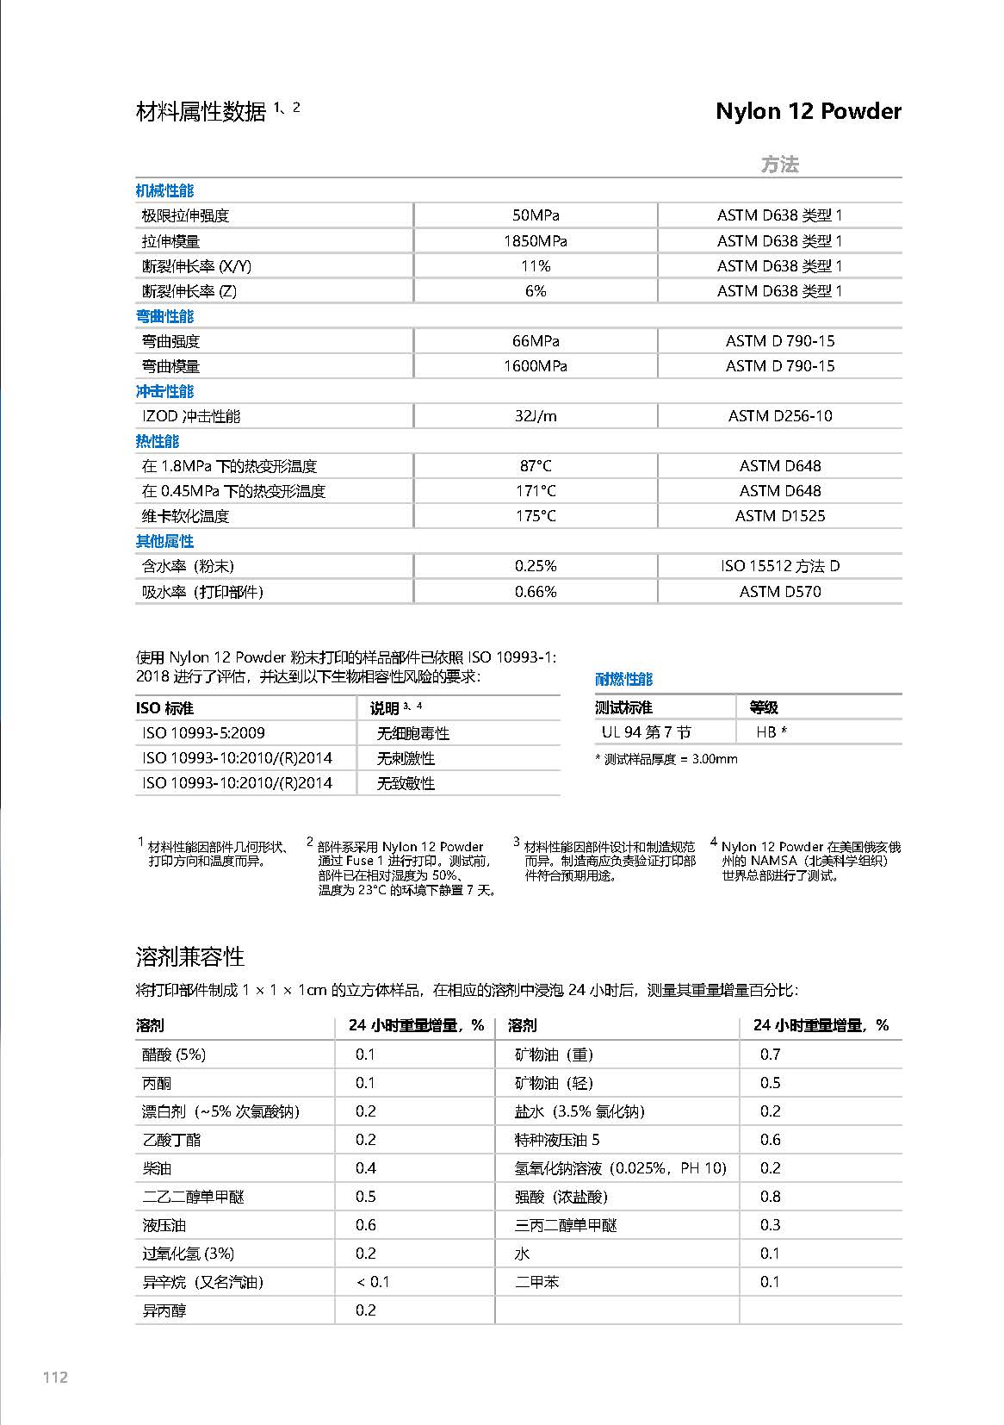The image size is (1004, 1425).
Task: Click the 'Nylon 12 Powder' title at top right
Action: coord(808,111)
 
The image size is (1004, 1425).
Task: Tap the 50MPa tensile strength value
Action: coord(535,215)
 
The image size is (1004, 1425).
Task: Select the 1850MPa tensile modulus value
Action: coord(535,241)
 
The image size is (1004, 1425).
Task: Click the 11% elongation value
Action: coord(535,266)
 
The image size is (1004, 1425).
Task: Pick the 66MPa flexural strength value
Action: coord(535,341)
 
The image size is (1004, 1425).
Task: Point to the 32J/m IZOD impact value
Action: coord(535,416)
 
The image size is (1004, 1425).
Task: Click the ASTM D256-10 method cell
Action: coord(779,416)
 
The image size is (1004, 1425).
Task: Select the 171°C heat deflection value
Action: coord(535,491)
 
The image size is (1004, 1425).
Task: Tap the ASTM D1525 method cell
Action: coord(779,516)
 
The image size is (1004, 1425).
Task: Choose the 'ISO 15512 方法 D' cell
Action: coord(779,566)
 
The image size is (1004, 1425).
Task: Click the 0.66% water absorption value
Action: coord(535,592)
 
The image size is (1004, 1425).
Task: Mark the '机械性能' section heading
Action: coord(164,190)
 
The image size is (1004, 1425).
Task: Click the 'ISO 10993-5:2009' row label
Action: coord(203,733)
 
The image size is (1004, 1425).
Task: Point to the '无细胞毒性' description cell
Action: coord(412,734)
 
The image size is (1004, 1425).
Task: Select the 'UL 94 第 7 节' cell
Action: coord(646,732)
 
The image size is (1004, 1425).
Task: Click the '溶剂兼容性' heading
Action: coord(189,957)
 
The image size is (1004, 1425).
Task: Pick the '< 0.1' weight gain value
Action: coord(372,1282)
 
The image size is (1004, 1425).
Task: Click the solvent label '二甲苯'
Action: coord(536,1282)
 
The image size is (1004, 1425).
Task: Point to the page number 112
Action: coord(55,1377)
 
